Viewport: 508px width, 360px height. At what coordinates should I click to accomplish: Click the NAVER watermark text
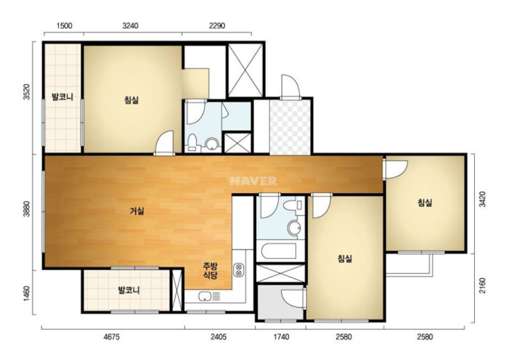tap(253, 181)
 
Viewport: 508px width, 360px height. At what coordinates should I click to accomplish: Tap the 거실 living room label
tap(137, 212)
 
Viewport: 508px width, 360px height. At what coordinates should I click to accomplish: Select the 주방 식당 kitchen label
tap(210, 271)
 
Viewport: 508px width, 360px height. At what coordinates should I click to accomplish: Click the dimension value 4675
tap(112, 337)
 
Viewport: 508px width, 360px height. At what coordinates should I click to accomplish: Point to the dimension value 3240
tap(130, 26)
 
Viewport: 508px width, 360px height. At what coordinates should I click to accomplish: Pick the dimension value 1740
tap(281, 337)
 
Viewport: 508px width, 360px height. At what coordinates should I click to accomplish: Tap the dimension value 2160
tap(482, 285)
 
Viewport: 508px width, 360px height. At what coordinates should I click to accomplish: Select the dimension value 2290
tap(217, 26)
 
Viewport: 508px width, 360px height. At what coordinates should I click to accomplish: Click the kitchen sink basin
tap(205, 296)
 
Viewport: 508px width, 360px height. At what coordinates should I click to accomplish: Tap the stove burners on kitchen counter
tap(239, 270)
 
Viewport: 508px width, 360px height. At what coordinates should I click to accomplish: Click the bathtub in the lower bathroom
tap(278, 252)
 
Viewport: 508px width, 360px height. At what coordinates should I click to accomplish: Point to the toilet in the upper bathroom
tap(192, 142)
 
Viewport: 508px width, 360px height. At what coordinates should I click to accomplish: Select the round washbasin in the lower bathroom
tap(295, 228)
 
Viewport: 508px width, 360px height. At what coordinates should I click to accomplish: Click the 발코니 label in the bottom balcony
tap(129, 290)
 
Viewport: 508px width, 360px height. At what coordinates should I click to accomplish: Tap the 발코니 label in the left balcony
tap(62, 97)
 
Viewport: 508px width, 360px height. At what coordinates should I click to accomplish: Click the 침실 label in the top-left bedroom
tap(131, 100)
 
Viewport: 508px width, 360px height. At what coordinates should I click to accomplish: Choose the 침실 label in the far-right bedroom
tap(425, 203)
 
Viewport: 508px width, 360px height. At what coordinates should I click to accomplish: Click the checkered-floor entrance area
tap(291, 127)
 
